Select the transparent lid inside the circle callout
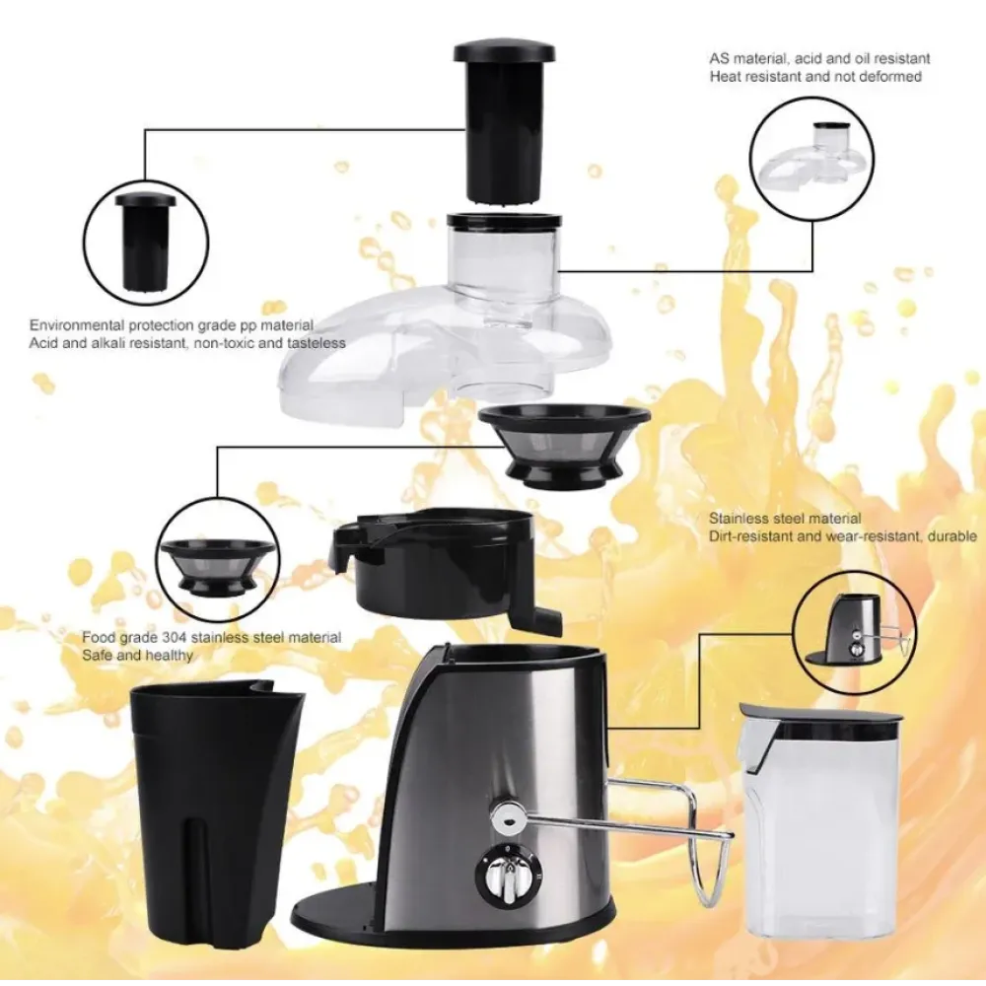(x=812, y=157)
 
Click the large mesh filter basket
(x=564, y=446)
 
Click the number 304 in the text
(x=174, y=638)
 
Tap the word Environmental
(x=77, y=325)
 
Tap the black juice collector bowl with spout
(x=440, y=566)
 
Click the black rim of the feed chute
(x=504, y=220)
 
